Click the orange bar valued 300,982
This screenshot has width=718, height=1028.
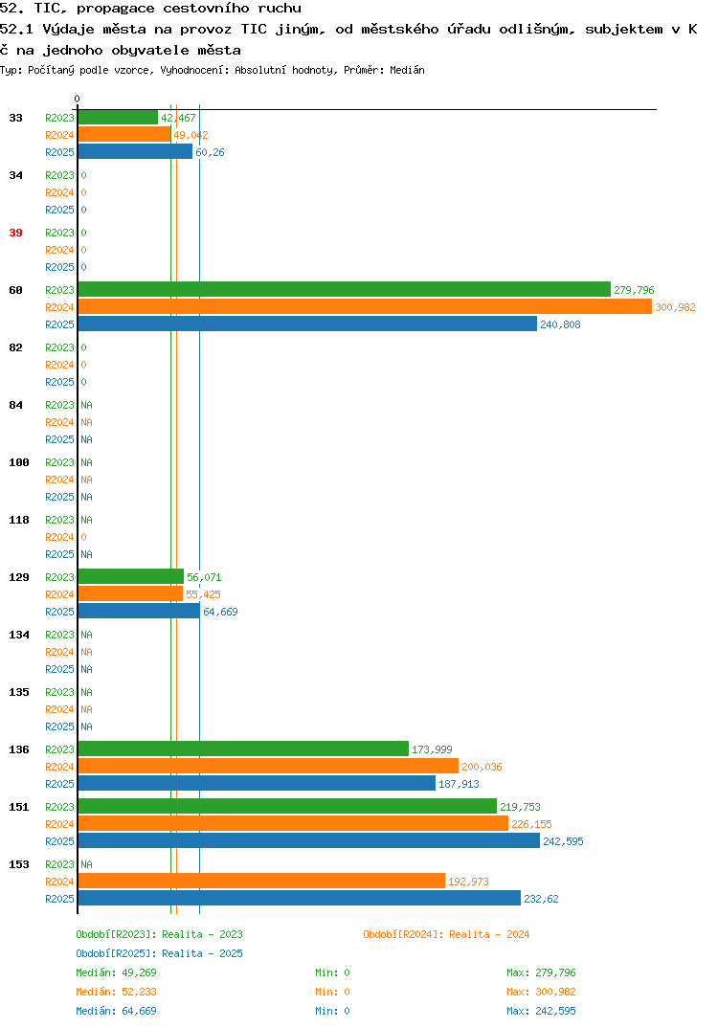(x=366, y=307)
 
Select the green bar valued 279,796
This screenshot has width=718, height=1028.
(x=345, y=290)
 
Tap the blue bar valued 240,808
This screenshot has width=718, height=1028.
(x=307, y=324)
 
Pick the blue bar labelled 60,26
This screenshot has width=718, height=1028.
(x=136, y=151)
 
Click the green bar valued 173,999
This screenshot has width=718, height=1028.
(x=243, y=749)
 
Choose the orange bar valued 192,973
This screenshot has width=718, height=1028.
(x=261, y=882)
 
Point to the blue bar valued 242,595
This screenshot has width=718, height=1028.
(x=309, y=840)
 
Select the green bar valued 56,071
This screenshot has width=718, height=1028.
(x=131, y=576)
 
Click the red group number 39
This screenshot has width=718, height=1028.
(x=15, y=233)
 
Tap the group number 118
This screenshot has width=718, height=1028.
(x=19, y=520)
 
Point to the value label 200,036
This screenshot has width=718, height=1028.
(x=482, y=767)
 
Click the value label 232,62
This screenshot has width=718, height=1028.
(x=541, y=899)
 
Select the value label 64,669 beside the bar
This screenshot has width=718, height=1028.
(x=220, y=612)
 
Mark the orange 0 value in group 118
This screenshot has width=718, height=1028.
(x=84, y=537)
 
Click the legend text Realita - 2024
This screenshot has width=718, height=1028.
(x=489, y=934)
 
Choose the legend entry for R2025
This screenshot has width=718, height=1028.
(x=159, y=953)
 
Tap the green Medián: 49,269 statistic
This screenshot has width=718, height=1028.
(x=116, y=972)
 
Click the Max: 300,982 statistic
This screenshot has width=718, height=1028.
(x=541, y=992)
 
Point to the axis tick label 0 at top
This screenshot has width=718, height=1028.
(x=77, y=99)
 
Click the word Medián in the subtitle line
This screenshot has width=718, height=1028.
(x=407, y=70)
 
